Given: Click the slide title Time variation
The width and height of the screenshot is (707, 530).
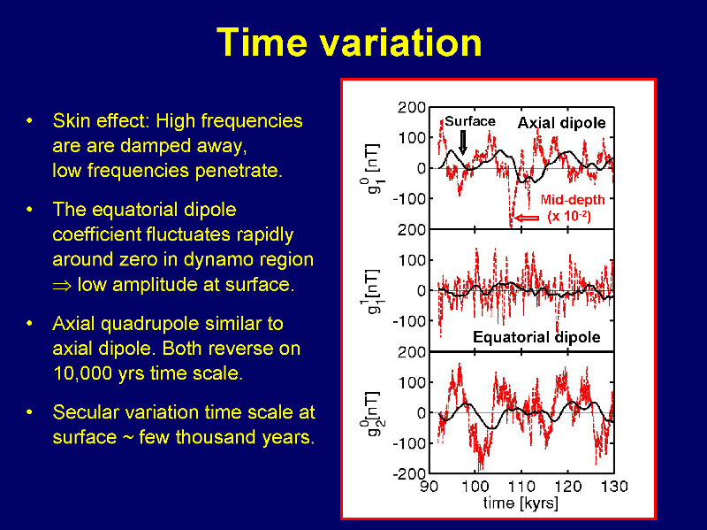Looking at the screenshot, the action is (349, 42).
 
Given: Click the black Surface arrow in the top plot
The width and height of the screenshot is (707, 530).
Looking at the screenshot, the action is (462, 142).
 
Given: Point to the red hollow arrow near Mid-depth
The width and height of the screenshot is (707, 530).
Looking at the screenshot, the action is (527, 218).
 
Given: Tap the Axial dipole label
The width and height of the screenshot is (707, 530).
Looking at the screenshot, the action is (561, 123).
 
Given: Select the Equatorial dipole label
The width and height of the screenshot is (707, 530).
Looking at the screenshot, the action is (536, 337).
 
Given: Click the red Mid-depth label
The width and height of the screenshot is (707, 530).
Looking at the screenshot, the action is (573, 200).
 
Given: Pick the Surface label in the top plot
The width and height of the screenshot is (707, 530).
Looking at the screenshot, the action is (470, 121).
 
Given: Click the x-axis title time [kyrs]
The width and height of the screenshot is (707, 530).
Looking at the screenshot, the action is (521, 503).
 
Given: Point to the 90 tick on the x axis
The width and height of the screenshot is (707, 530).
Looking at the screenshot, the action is (429, 487).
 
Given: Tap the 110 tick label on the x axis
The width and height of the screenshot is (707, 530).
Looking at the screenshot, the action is (521, 487).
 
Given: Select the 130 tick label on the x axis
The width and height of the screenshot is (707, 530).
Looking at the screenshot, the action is (614, 487).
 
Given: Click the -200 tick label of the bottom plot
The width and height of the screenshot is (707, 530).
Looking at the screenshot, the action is (409, 473).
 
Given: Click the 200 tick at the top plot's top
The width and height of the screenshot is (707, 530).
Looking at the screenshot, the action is (412, 107).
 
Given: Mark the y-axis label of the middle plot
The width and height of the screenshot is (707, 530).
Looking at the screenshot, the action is (371, 292).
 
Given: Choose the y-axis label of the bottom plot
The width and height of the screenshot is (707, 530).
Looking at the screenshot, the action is (373, 414).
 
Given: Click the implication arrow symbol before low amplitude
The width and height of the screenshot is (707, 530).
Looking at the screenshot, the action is (62, 286).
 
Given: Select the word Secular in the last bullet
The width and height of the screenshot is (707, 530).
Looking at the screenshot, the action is (84, 412).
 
